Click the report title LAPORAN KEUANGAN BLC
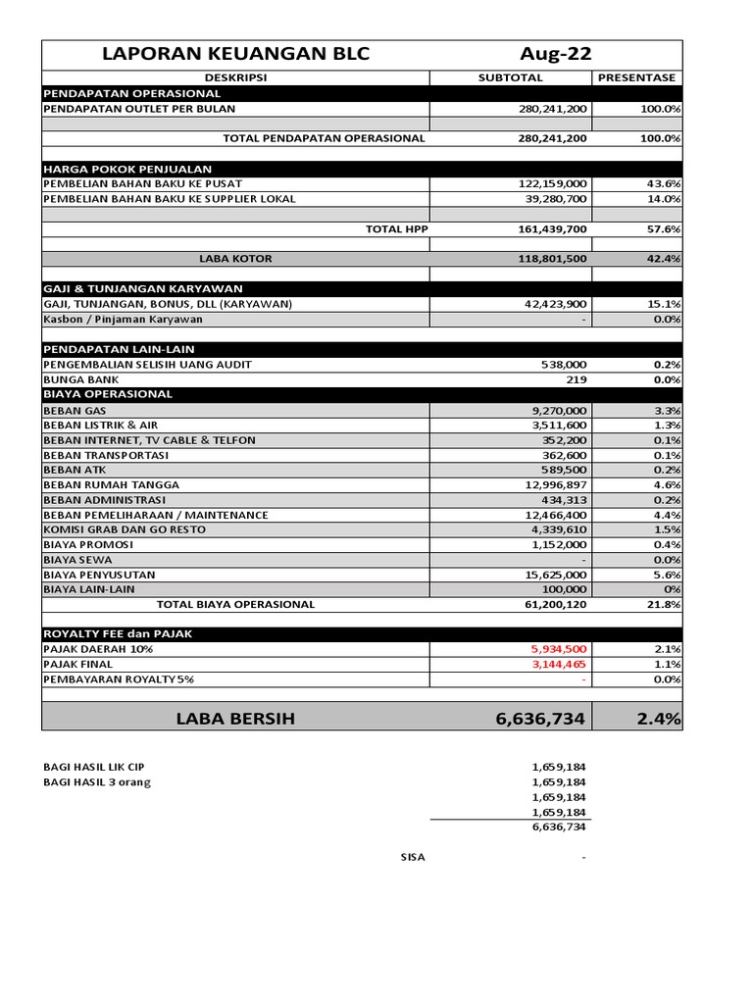pos(235,54)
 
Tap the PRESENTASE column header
pos(637,77)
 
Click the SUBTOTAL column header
pos(511,77)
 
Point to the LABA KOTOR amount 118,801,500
pos(553,259)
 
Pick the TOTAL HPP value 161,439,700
pos(553,228)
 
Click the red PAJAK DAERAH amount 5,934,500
pos(559,649)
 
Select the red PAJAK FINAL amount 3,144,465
pos(559,664)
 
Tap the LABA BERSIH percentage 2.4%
pos(658,719)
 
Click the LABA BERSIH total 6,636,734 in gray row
pos(540,719)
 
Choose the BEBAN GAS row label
pos(75,410)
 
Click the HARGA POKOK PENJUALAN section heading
pos(127,169)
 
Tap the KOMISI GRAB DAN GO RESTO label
pos(125,529)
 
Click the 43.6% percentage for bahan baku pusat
pos(665,183)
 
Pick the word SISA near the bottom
pos(413,857)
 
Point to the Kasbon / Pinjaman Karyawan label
pos(123,319)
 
